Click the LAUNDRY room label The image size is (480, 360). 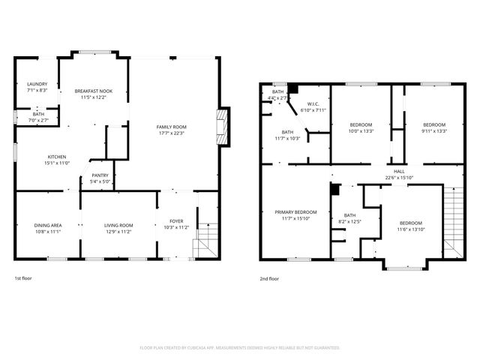click(37, 84)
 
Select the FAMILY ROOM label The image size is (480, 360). click(171, 127)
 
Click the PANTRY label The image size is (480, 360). click(100, 175)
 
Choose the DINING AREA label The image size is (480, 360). click(47, 226)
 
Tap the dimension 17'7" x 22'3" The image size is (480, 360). click(171, 133)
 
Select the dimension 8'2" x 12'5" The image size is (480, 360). click(349, 221)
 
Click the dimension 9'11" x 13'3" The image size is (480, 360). click(434, 131)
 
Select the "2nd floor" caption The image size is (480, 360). click(269, 278)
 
